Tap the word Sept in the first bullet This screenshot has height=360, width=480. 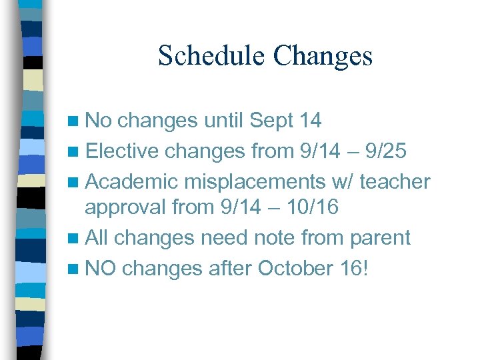pyautogui.click(x=271, y=121)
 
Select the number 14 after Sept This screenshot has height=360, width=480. pyautogui.click(x=311, y=121)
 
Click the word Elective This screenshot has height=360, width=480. pyautogui.click(x=122, y=151)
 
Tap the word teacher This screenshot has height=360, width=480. pyautogui.click(x=401, y=181)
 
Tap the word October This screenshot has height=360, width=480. pyautogui.click(x=291, y=268)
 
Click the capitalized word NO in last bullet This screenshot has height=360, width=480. pyautogui.click(x=101, y=268)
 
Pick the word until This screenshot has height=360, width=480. pyautogui.click(x=223, y=121)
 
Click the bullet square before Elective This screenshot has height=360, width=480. pyautogui.click(x=75, y=152)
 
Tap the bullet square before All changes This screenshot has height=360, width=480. pyautogui.click(x=75, y=239)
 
